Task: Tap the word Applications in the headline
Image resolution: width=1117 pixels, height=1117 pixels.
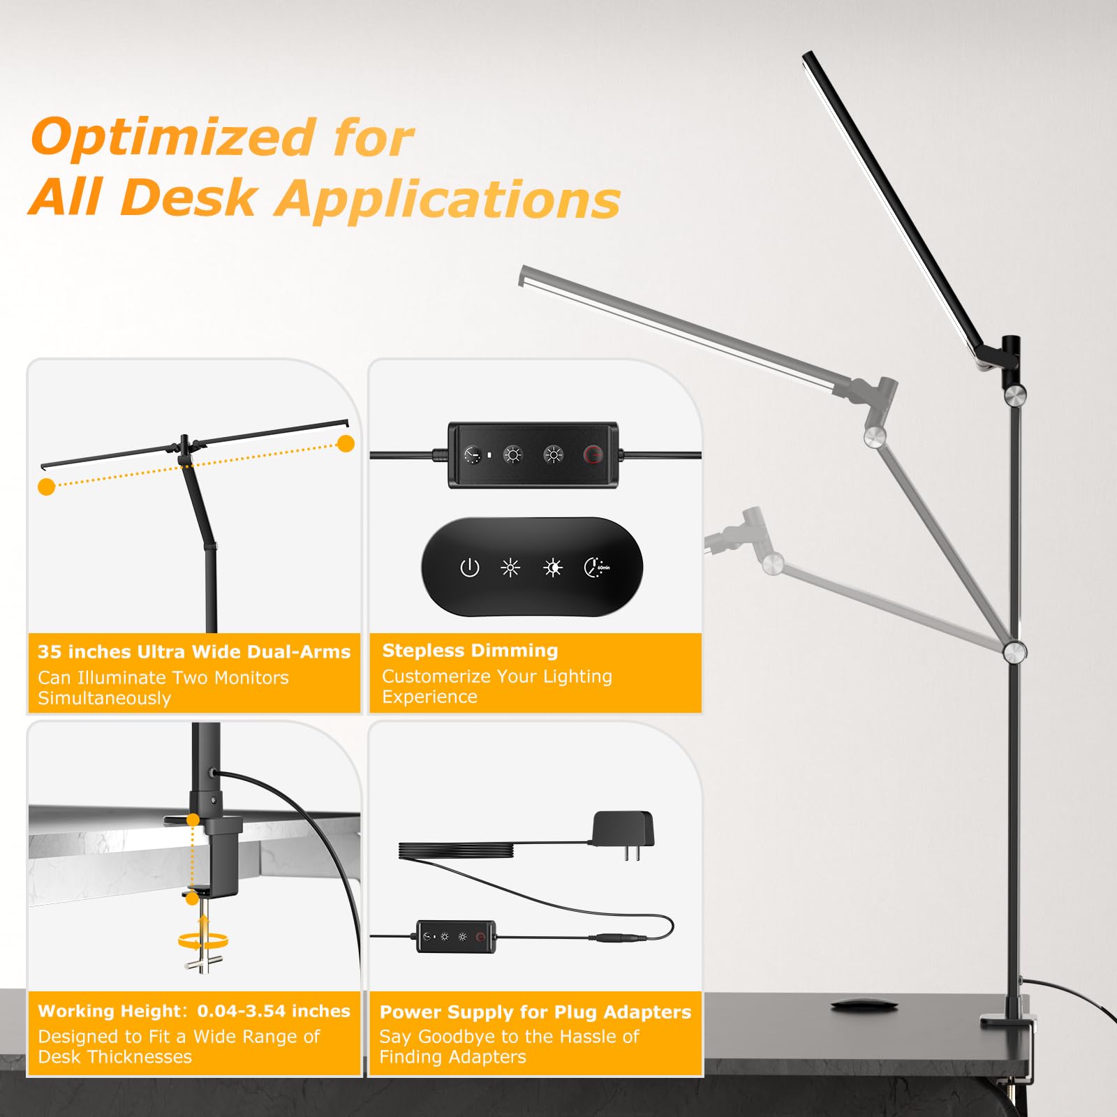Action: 447,200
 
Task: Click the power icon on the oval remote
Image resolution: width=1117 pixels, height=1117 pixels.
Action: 469,568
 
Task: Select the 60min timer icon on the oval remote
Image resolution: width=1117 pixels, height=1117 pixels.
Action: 596,568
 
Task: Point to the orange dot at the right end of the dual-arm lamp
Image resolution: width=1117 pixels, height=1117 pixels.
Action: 346,443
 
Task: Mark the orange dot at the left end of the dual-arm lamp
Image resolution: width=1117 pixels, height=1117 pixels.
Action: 47,487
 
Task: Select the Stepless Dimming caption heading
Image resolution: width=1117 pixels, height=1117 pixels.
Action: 470,651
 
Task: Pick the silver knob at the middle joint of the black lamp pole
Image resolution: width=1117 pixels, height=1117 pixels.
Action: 1014,652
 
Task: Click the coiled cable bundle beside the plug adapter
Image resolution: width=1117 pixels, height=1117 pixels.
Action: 457,851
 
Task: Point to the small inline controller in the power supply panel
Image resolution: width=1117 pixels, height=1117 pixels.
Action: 456,935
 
